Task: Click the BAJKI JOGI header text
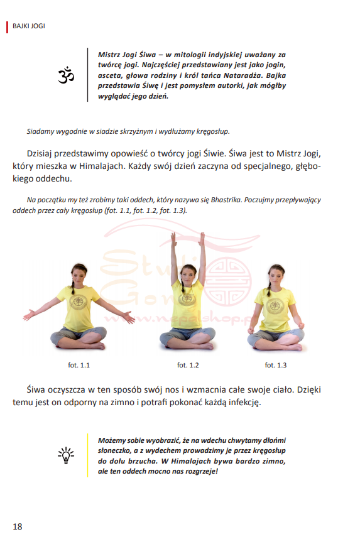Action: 29,26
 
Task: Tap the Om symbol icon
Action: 66,75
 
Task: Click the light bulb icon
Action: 66,455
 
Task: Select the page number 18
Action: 18,526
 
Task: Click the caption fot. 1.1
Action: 79,365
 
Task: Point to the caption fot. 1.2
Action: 188,365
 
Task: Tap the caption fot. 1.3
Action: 276,365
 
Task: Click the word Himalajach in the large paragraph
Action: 102,166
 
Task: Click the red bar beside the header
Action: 7,27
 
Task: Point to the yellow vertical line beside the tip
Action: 87,455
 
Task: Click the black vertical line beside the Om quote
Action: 87,75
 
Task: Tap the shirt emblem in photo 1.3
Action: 276,307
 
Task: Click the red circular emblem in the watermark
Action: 226,281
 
